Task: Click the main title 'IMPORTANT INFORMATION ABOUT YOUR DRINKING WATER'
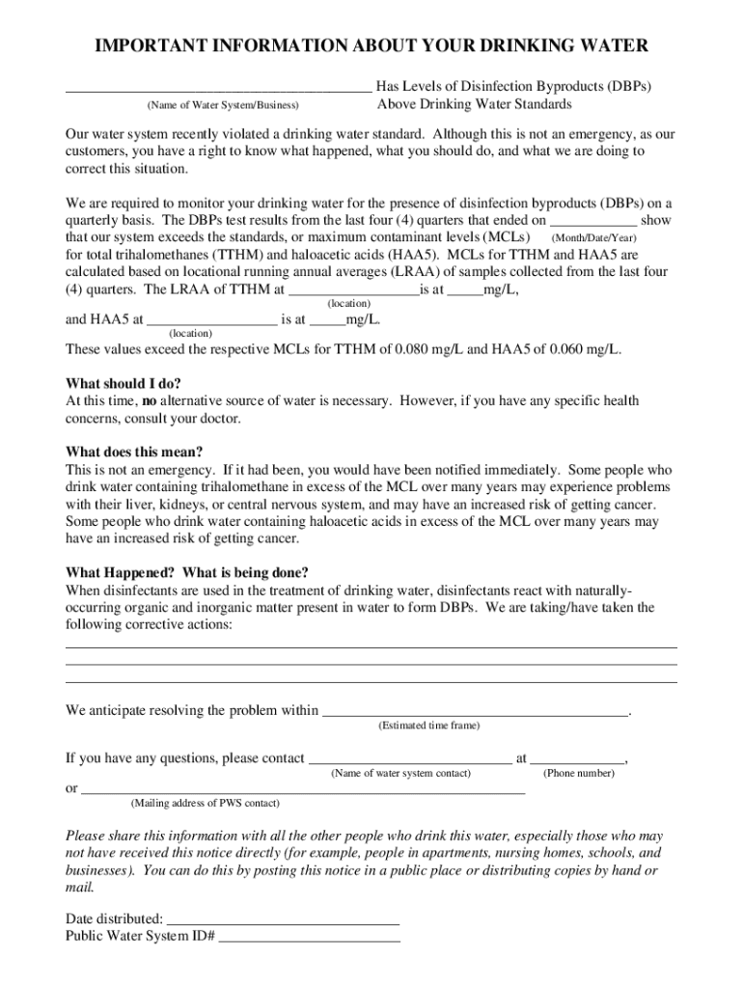371,46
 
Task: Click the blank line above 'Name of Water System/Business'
218,90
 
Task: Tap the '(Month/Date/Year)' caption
593,237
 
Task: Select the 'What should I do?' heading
123,383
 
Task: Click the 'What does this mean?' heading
134,452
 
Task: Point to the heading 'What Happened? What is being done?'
187,572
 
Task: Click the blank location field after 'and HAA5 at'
211,320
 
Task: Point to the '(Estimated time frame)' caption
428,726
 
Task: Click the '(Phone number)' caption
579,774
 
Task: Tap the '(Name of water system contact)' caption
401,774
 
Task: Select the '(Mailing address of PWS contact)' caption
206,803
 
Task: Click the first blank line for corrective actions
371,645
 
